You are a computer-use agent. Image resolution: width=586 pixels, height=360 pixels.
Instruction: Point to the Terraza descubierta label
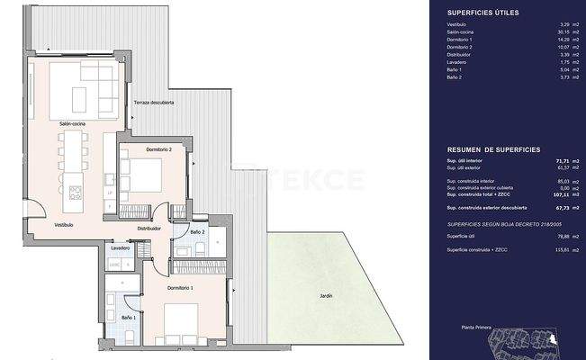click(x=154, y=103)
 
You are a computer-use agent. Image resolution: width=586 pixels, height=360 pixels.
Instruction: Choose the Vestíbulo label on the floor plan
click(x=63, y=224)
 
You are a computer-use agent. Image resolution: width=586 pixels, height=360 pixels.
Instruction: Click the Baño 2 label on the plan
click(x=198, y=232)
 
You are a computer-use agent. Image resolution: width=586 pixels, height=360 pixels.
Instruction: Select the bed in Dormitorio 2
click(x=142, y=171)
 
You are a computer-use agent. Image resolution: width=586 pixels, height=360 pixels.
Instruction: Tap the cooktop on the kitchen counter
click(x=75, y=192)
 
